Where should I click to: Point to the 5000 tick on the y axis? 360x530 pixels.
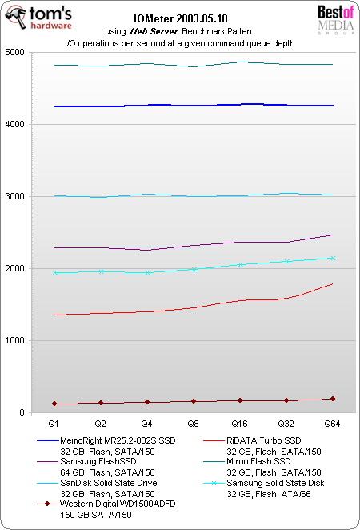click(x=17, y=53)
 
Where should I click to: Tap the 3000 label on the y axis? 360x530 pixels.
click(x=17, y=197)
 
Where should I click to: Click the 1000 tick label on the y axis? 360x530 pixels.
click(x=17, y=341)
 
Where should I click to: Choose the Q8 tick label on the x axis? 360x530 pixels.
click(x=193, y=421)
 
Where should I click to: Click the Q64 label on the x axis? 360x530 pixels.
click(x=332, y=421)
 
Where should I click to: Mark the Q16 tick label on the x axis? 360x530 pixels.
click(x=239, y=421)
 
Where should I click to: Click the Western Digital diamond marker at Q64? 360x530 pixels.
click(x=332, y=399)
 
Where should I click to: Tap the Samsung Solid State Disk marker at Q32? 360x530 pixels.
click(x=286, y=261)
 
